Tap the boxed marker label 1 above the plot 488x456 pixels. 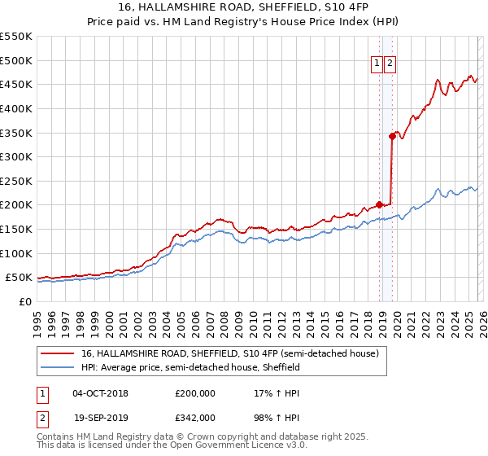pos(378,64)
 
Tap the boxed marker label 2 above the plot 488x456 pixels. pos(390,64)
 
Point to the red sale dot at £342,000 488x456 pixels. pos(392,137)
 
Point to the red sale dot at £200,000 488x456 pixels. pos(379,205)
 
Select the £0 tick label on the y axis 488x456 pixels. pos(26,301)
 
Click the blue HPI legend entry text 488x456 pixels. pos(190,368)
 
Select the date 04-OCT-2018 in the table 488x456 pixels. pos(100,393)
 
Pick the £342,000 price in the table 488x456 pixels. pos(195,417)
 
